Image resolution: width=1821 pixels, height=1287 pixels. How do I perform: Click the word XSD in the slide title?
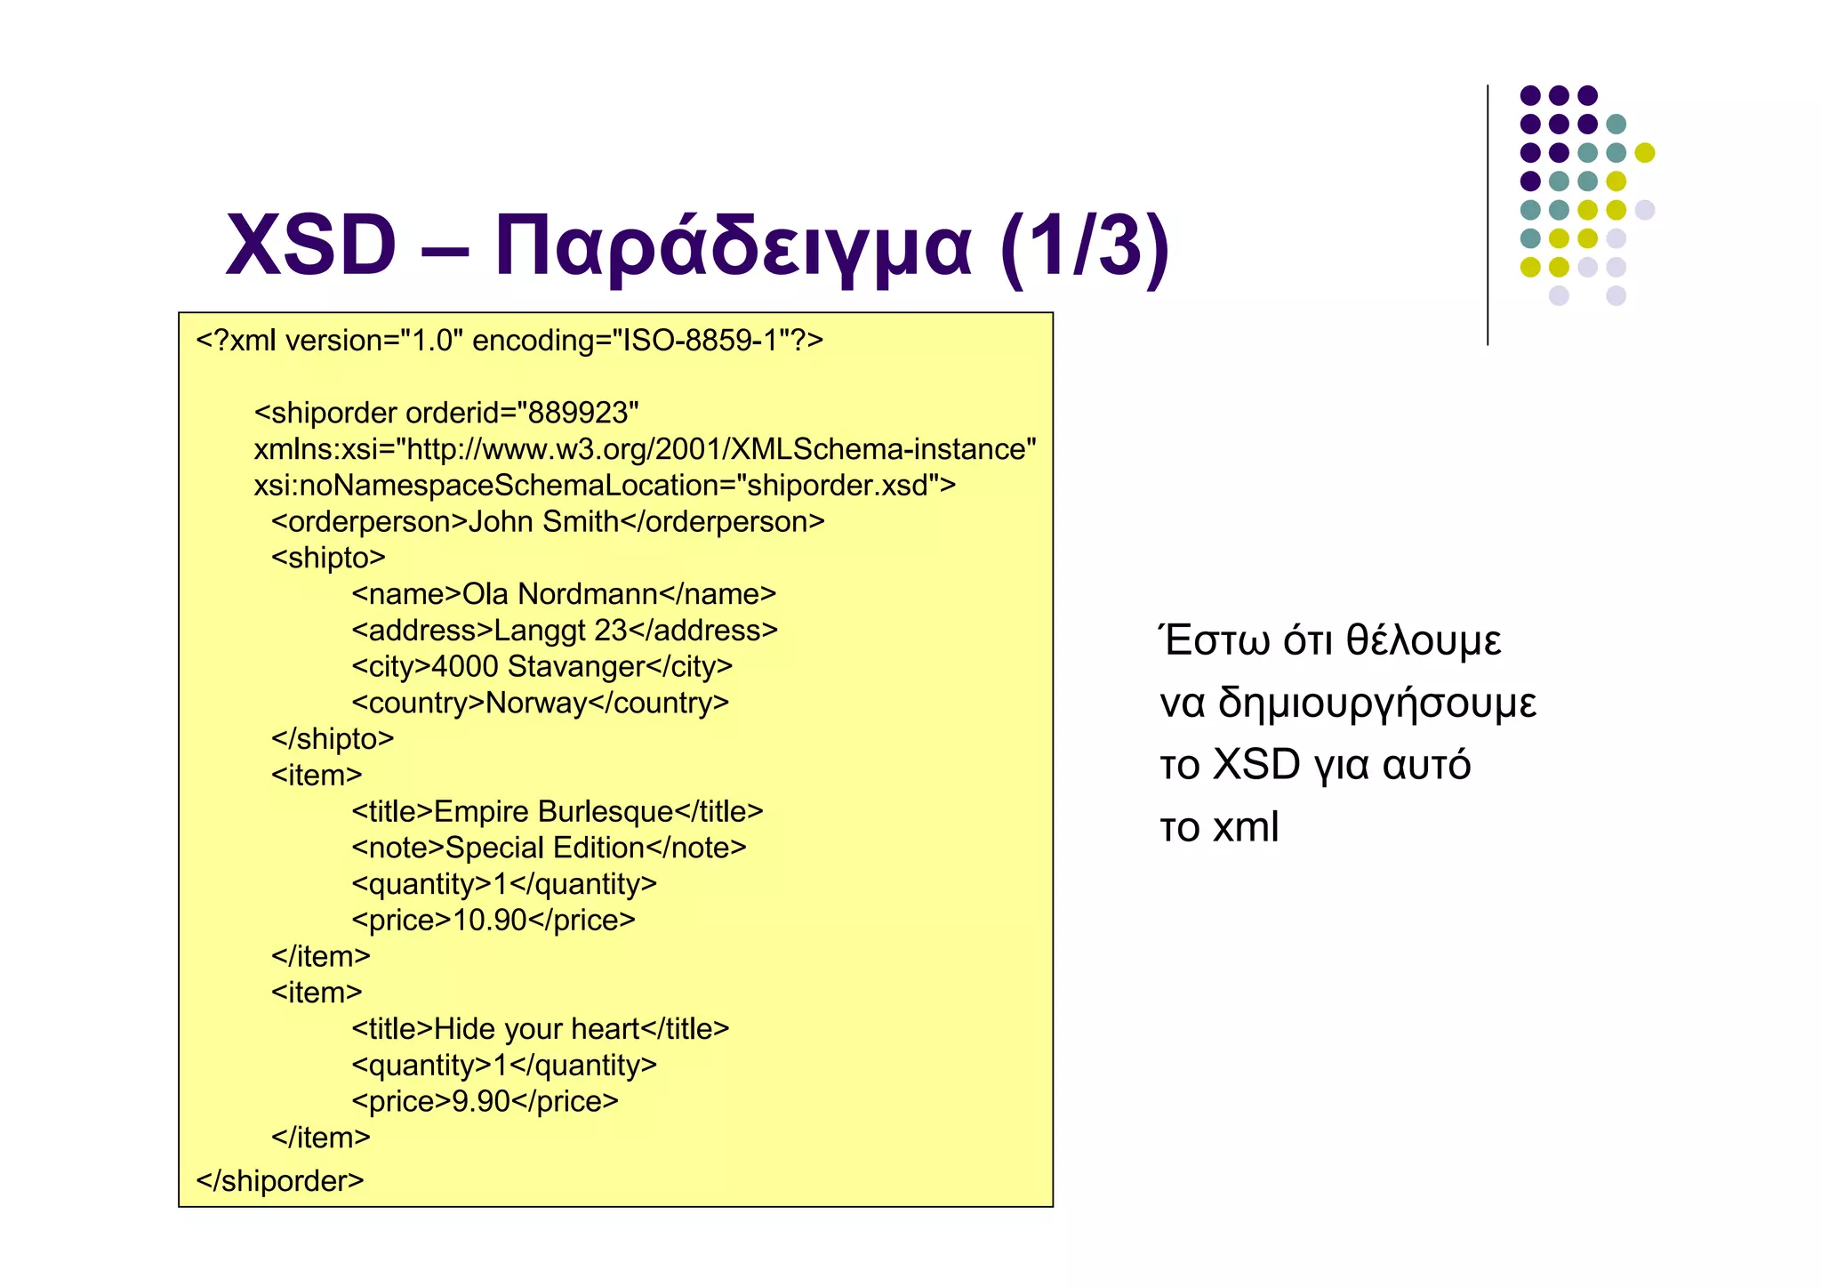[311, 245]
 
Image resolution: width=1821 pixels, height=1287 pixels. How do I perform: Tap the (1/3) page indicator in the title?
[1085, 245]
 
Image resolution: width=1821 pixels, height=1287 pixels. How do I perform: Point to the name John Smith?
[542, 521]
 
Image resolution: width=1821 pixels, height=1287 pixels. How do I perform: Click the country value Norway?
[536, 703]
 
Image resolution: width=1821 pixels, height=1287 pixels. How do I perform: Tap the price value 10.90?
[490, 920]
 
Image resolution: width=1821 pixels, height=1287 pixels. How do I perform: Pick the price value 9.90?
[481, 1101]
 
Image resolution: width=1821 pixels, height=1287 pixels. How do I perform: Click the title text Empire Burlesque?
[553, 811]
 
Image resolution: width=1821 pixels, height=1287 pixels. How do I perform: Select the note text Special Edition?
[544, 848]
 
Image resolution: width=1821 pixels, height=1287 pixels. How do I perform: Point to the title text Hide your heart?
[536, 1029]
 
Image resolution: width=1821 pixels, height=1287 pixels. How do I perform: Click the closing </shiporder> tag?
[280, 1180]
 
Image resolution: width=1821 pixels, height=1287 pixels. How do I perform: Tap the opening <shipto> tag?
[328, 558]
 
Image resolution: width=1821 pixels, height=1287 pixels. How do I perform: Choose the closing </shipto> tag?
[333, 739]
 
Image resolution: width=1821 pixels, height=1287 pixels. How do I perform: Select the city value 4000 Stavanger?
[538, 666]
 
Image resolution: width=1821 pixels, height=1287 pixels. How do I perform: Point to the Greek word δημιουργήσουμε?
[1376, 703]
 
